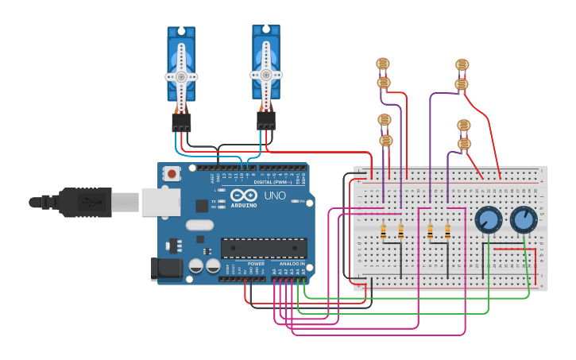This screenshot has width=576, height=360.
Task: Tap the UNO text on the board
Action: tap(274, 195)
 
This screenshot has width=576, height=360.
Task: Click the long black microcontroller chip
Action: tap(264, 248)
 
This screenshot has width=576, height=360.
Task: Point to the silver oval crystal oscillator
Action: tap(200, 225)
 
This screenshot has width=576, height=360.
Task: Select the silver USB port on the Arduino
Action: tap(161, 202)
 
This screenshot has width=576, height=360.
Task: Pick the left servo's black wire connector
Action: tap(181, 122)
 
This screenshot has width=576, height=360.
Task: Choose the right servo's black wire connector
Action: tap(266, 120)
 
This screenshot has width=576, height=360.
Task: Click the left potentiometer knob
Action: tap(488, 219)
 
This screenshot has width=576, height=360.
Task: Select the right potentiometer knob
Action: tap(524, 219)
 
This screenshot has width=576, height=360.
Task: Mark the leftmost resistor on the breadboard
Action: tap(384, 231)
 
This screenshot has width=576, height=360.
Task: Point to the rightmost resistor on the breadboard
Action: tap(447, 231)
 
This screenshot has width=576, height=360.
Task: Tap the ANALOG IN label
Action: tap(292, 263)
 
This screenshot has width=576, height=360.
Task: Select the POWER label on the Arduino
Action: tap(256, 263)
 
